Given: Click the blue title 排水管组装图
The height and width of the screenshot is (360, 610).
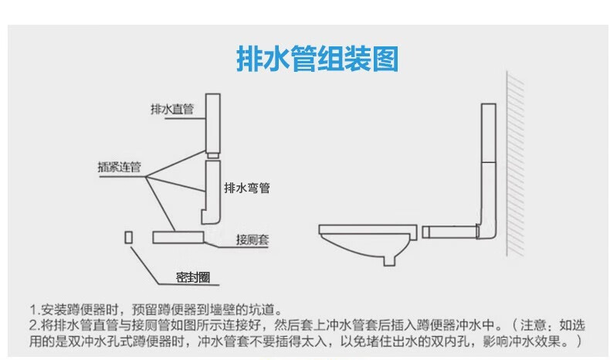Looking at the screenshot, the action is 317,59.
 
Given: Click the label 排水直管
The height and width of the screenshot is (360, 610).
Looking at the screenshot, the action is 172,109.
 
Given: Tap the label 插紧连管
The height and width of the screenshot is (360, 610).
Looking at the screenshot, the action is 119,167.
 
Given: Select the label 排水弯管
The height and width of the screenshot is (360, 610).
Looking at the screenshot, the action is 246,188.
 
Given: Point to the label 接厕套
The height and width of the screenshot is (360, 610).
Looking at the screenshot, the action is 252,239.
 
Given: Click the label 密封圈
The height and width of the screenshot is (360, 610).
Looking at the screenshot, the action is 193,277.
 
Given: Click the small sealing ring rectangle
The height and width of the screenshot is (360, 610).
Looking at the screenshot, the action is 128,237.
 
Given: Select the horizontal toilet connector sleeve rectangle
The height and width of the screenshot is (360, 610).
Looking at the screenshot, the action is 178,237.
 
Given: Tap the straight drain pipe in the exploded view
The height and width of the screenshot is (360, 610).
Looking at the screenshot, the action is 213,123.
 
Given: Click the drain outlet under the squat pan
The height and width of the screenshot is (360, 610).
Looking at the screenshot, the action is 389,261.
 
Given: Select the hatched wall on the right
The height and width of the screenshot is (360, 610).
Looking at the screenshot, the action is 515,164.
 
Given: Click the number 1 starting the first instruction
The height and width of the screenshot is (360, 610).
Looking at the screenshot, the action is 33,311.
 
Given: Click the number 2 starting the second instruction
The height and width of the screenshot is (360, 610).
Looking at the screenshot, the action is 33,325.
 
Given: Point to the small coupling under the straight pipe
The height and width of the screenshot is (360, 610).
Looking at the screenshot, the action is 213,156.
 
